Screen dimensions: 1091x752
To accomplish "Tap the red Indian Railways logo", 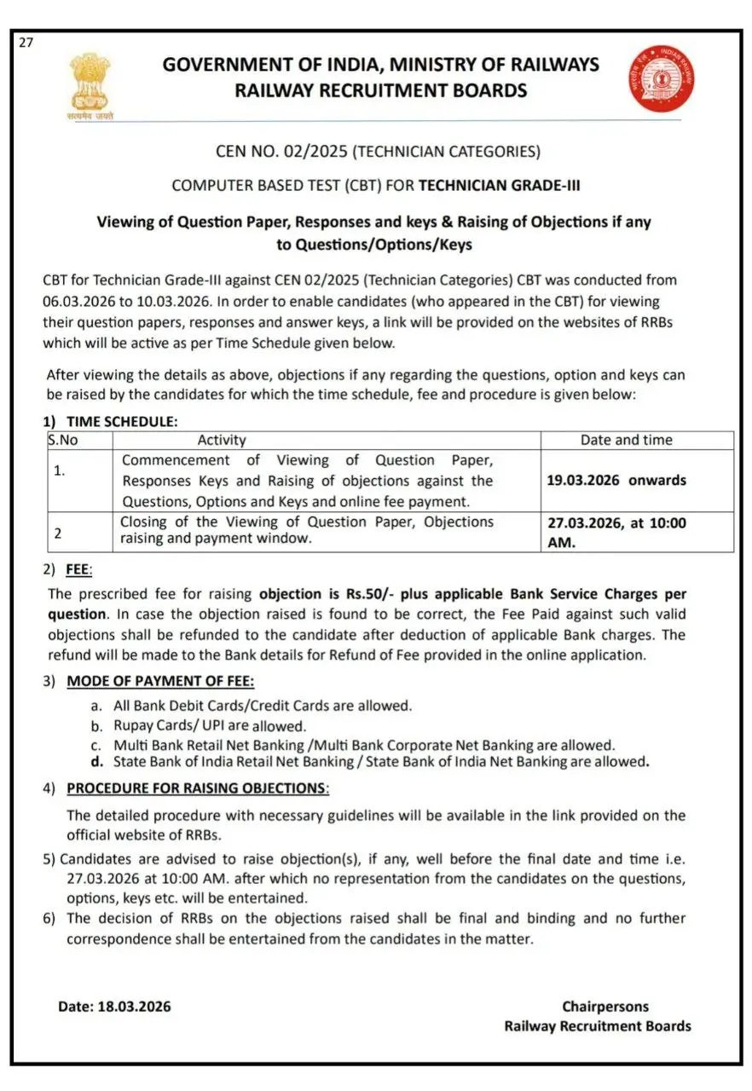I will [x=661, y=78].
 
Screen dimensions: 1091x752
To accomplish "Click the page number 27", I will [x=26, y=43].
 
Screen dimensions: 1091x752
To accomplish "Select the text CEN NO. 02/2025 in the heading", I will [x=282, y=152].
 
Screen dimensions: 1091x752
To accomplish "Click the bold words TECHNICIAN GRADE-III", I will [x=500, y=185].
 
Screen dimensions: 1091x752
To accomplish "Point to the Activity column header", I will [x=222, y=440].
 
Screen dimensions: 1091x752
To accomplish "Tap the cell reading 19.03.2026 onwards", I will [x=616, y=480].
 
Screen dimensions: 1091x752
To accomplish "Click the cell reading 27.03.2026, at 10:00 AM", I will [x=616, y=532].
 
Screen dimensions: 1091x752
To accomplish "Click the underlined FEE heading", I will [x=78, y=569].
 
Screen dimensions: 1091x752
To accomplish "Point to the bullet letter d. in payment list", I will [x=96, y=761].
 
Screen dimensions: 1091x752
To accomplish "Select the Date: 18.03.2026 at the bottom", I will [x=114, y=1006].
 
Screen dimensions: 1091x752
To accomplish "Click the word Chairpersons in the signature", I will [x=605, y=1007].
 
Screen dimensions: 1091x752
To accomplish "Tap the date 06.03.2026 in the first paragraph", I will [x=78, y=301].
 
